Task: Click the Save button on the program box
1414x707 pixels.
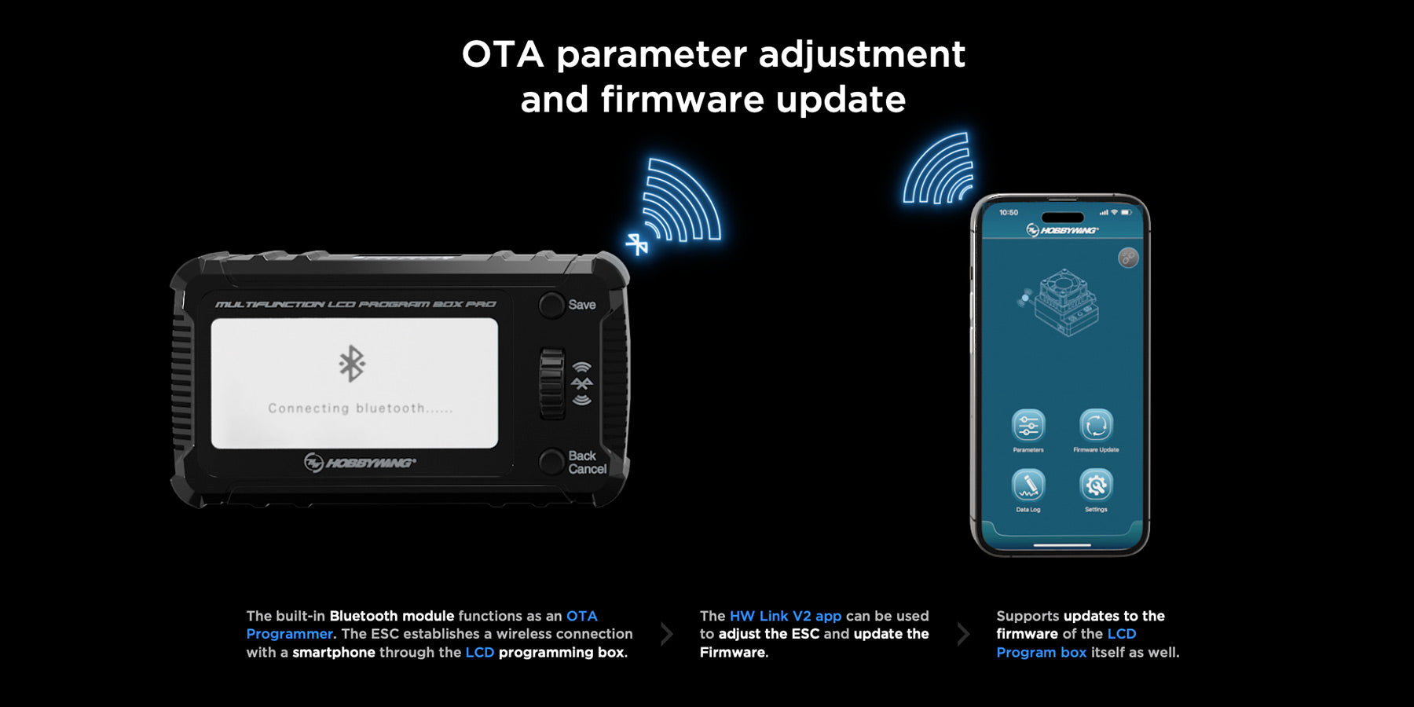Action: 551,305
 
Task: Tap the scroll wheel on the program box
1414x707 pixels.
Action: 552,384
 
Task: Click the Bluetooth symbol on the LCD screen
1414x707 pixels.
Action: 352,363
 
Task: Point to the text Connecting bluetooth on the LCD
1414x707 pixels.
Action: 361,408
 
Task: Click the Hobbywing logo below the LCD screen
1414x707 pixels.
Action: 360,463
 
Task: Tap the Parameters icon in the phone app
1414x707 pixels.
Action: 1028,426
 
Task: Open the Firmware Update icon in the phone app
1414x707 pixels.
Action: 1096,426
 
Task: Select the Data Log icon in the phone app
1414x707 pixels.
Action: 1028,485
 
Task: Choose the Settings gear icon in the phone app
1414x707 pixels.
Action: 1096,485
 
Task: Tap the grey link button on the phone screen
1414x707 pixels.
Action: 1128,258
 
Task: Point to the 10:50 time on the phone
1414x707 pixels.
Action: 1009,212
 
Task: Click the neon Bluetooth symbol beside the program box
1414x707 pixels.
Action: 637,244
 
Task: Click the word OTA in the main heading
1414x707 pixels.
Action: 503,54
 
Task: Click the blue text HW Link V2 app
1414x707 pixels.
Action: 786,616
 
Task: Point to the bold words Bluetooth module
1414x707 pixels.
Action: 392,616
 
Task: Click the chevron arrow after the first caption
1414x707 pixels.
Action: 667,634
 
